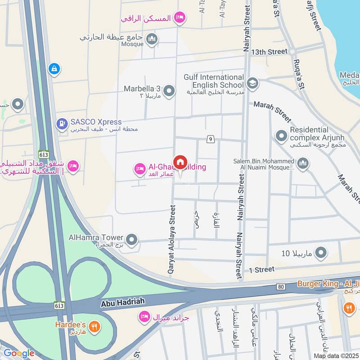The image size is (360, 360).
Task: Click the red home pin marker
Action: click(x=180, y=162)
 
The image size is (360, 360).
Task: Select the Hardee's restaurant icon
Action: click(x=94, y=326)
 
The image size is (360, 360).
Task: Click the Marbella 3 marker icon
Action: click(x=169, y=91)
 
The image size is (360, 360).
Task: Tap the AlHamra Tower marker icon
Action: click(x=131, y=240)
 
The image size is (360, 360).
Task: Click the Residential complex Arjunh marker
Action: click(x=282, y=135)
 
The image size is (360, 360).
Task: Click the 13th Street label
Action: click(x=269, y=52)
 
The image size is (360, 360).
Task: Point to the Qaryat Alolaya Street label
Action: click(x=171, y=240)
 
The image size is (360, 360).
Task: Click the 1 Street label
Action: click(x=261, y=269)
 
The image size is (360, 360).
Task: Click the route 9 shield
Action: click(x=210, y=139)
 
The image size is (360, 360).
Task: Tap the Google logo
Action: click(x=19, y=353)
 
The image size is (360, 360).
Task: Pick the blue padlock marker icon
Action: click(x=54, y=69)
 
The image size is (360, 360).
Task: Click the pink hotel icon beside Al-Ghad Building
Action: click(x=139, y=169)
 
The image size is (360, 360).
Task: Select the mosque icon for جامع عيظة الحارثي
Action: click(x=152, y=39)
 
